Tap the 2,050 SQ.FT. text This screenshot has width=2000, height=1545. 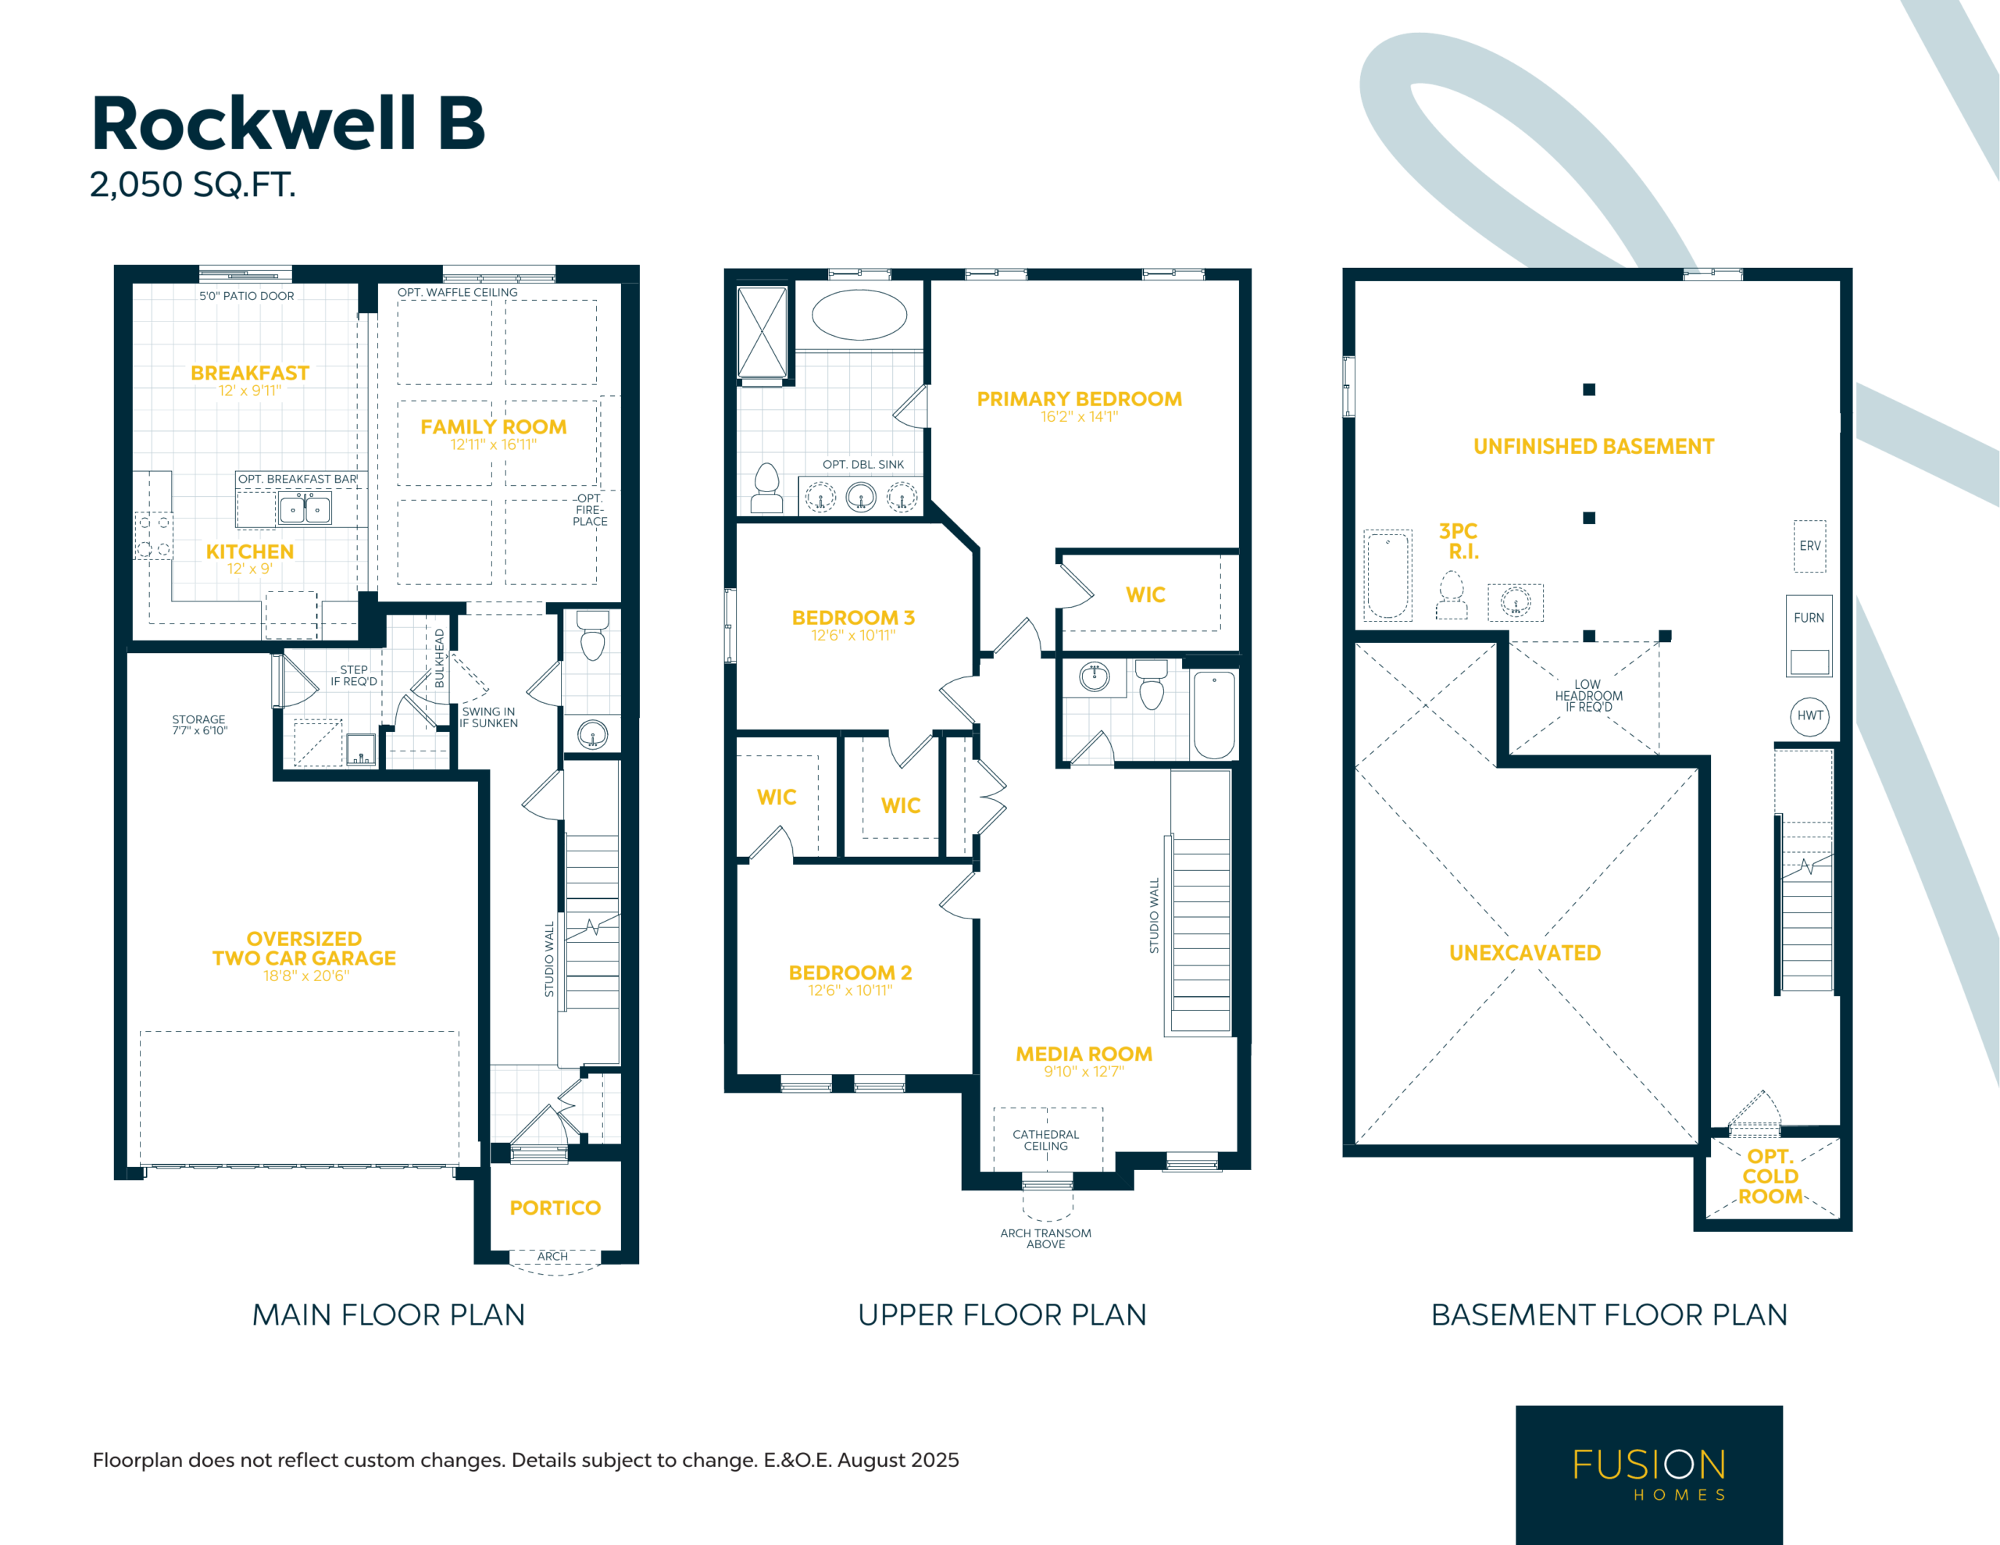(192, 185)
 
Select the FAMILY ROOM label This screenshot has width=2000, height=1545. (494, 426)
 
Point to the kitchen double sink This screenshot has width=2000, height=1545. (305, 508)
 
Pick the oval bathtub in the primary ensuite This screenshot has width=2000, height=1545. (859, 315)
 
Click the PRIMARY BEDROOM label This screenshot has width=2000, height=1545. (1079, 399)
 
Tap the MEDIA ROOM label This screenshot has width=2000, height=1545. (1084, 1054)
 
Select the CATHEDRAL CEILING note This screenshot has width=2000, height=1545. (1046, 1140)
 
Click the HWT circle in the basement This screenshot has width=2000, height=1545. (1809, 716)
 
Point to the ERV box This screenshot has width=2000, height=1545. (1809, 546)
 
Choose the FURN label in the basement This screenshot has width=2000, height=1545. (1809, 618)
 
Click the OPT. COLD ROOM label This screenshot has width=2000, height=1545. (1770, 1176)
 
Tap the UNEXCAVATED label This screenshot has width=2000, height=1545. (1525, 952)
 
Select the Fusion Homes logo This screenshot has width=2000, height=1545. (1648, 1475)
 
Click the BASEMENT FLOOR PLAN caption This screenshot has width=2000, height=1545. (1609, 1315)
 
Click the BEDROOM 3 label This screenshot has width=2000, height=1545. (853, 618)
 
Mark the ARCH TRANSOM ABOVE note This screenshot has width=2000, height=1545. (1046, 1238)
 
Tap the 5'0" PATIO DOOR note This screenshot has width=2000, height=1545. (246, 296)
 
